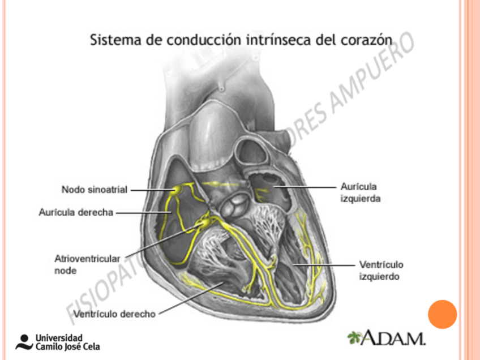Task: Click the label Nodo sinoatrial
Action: pos(94,189)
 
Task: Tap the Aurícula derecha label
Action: pos(76,212)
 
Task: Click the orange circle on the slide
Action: pos(442,315)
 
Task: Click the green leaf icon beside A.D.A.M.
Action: pos(354,338)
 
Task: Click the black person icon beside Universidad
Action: pos(24,342)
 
